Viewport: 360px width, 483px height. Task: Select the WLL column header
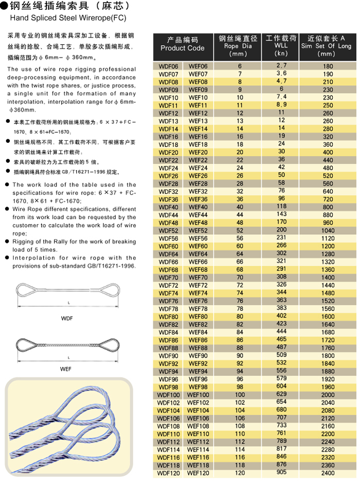281,45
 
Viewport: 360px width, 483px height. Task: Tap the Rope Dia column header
238,45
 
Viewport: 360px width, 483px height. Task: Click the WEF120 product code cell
198,473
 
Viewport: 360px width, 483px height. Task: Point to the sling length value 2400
328,473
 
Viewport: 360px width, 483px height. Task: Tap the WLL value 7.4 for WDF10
281,97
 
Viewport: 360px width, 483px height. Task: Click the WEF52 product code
198,231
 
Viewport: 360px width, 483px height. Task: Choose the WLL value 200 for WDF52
281,230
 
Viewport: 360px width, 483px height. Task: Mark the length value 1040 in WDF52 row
328,231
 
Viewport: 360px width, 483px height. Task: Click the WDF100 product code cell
169,395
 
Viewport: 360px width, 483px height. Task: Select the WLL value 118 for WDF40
281,206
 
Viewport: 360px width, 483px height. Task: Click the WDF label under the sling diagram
67,319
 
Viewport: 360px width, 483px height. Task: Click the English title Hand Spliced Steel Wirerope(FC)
68,17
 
